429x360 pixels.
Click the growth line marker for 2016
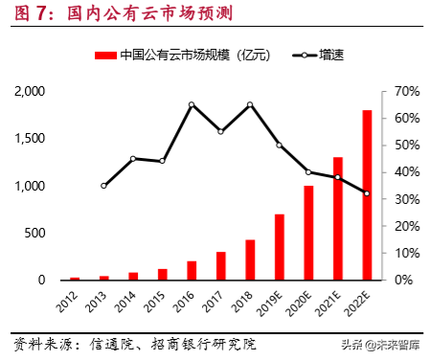[x=192, y=104]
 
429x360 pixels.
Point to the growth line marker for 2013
[x=103, y=185]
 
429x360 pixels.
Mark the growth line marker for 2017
[x=220, y=131]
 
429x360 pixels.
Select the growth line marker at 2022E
[x=367, y=193]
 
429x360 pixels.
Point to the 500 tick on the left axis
[x=36, y=233]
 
